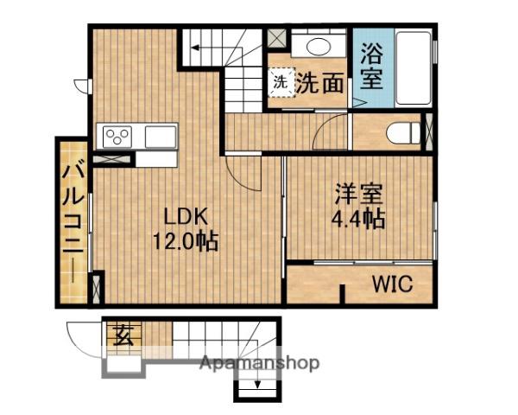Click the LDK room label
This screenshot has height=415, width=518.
click(186, 217)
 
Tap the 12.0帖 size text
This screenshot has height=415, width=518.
click(186, 241)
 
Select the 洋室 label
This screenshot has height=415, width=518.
click(359, 195)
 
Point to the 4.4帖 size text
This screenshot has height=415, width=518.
click(358, 219)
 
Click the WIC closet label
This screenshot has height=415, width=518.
click(393, 284)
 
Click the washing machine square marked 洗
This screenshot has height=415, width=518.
click(281, 82)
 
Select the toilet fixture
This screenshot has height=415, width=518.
click(403, 133)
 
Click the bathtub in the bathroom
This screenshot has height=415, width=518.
click(414, 68)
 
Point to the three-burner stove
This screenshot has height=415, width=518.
click(117, 137)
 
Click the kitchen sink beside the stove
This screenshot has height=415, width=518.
click(161, 137)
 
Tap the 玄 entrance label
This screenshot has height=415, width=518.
click(123, 335)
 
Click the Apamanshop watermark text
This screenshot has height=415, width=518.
click(259, 363)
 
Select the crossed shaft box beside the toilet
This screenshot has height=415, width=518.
click(428, 132)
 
